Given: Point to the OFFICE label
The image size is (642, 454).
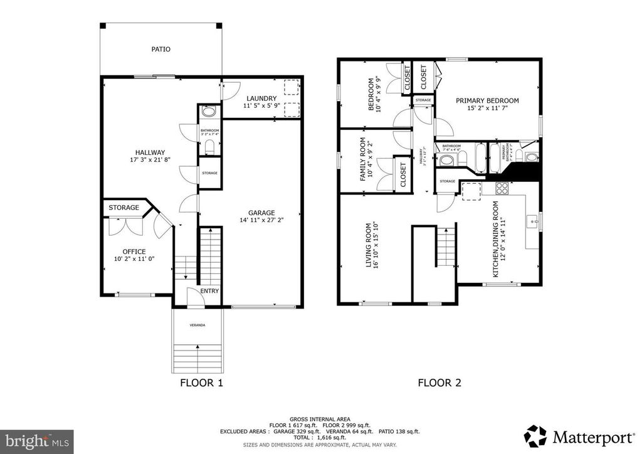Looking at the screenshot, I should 134,251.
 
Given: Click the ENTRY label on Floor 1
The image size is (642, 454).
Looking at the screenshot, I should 209,292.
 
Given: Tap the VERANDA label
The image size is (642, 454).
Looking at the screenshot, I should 197,325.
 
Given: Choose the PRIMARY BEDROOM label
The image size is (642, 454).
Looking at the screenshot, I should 487,100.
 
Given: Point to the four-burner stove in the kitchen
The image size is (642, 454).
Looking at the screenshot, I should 503,187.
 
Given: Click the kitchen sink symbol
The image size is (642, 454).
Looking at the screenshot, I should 532,221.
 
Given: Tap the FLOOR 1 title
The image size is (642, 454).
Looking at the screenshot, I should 201,383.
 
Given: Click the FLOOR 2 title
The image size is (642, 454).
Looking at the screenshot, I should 439,383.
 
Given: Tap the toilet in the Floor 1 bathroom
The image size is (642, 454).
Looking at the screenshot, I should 209,147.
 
